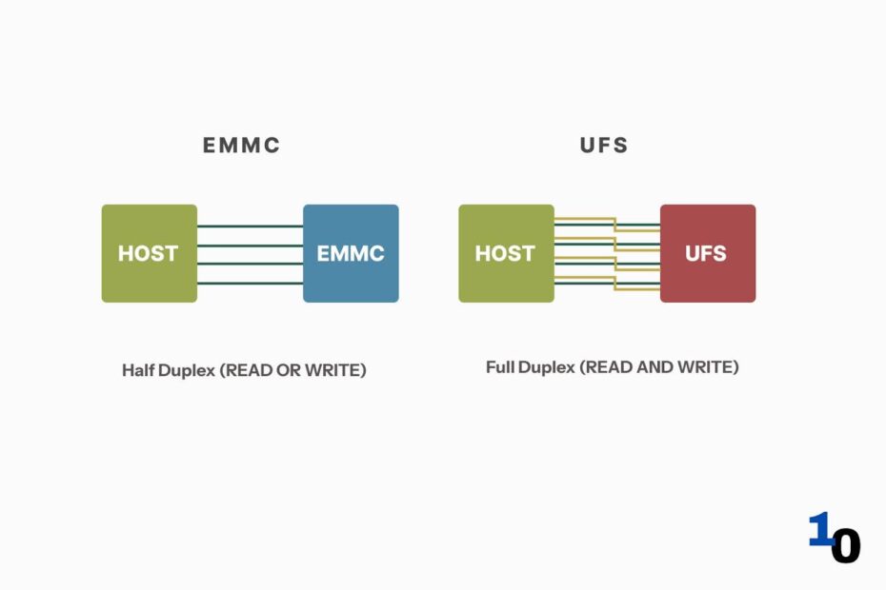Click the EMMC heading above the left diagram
click(241, 145)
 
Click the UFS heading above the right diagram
click(604, 145)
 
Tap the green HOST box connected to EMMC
click(150, 253)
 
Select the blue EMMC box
click(351, 253)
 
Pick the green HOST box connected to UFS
click(506, 253)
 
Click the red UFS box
click(708, 253)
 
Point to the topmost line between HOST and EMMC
click(251, 226)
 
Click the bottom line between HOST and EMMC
click(251, 283)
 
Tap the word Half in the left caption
click(138, 370)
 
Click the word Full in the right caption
click(500, 367)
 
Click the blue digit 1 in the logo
click(820, 529)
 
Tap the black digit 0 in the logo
click(846, 545)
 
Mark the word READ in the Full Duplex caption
click(608, 367)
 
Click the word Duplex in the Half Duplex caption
click(187, 371)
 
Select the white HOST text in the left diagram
click(148, 253)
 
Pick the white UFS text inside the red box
click(706, 253)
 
